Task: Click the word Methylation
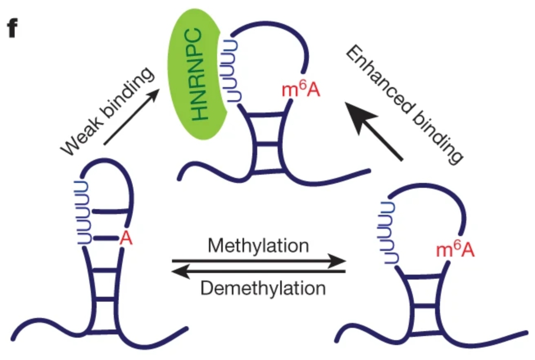[259, 246]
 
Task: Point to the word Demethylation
[263, 287]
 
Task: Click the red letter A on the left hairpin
[126, 239]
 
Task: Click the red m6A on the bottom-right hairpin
[455, 250]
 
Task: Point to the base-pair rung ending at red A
[106, 239]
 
